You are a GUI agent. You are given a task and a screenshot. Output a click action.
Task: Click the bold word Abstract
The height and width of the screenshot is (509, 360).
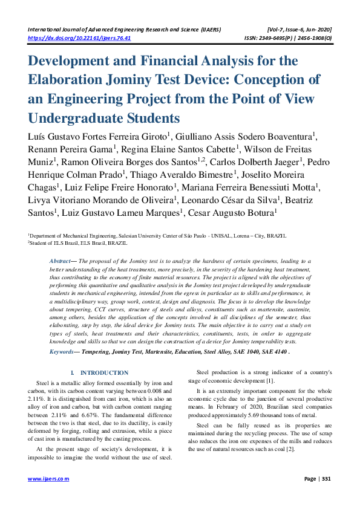click(61, 261)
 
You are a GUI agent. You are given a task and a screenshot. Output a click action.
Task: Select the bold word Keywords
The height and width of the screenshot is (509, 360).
click(62, 351)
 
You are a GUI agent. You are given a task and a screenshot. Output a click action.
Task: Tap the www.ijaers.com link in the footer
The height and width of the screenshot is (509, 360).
click(49, 479)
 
